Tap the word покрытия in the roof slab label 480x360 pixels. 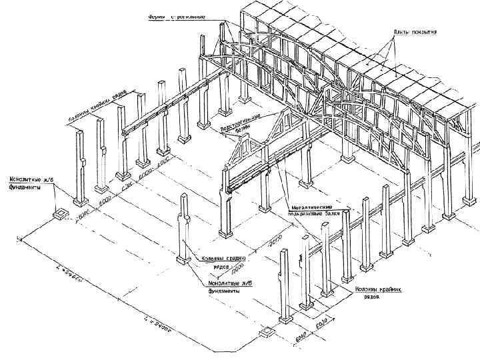422,32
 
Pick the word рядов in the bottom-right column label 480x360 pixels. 371,297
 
